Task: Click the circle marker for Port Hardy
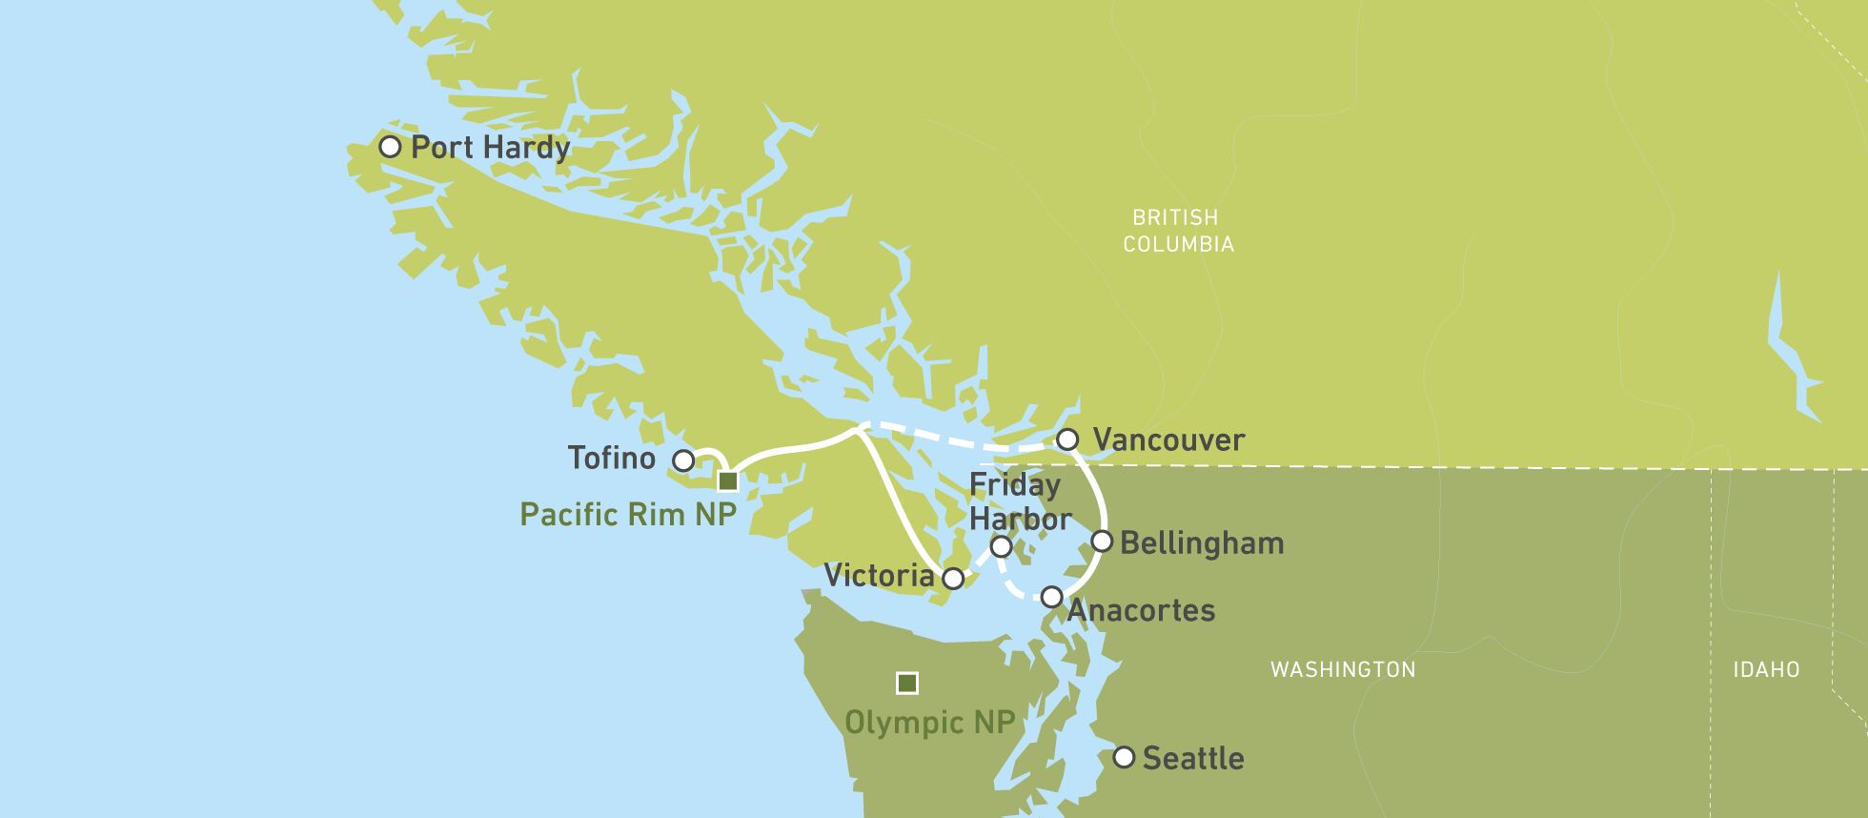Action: (x=390, y=147)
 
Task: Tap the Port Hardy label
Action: (x=490, y=148)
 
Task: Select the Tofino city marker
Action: (x=683, y=460)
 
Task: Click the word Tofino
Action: (x=611, y=459)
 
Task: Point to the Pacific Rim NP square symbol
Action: (x=727, y=481)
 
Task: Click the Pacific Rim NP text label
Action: (x=628, y=515)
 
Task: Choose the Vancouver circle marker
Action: (x=1067, y=440)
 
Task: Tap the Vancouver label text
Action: (x=1168, y=440)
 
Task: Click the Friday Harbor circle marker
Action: (x=1001, y=546)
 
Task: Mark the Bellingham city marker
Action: (x=1102, y=542)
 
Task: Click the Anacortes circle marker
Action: (x=1051, y=597)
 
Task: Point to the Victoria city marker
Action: (x=953, y=578)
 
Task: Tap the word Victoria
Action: (x=879, y=576)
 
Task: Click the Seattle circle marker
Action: (x=1125, y=758)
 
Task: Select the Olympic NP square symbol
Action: (x=907, y=684)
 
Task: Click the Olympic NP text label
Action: (x=929, y=723)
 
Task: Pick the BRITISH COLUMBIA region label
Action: (x=1177, y=231)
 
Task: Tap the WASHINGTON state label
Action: (x=1343, y=669)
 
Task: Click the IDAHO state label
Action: (x=1766, y=669)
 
